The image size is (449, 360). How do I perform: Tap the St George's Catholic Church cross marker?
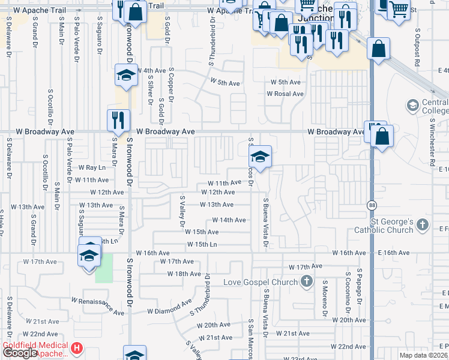click(423, 226)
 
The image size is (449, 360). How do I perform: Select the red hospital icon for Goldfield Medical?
click(76, 348)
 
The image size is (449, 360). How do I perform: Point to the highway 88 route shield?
click(372, 205)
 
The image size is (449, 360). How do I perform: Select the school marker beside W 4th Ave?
click(127, 76)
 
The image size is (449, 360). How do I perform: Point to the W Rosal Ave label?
click(285, 94)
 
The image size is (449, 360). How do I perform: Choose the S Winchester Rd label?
click(431, 141)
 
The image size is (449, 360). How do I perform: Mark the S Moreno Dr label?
click(324, 298)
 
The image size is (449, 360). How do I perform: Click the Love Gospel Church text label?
click(260, 282)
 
